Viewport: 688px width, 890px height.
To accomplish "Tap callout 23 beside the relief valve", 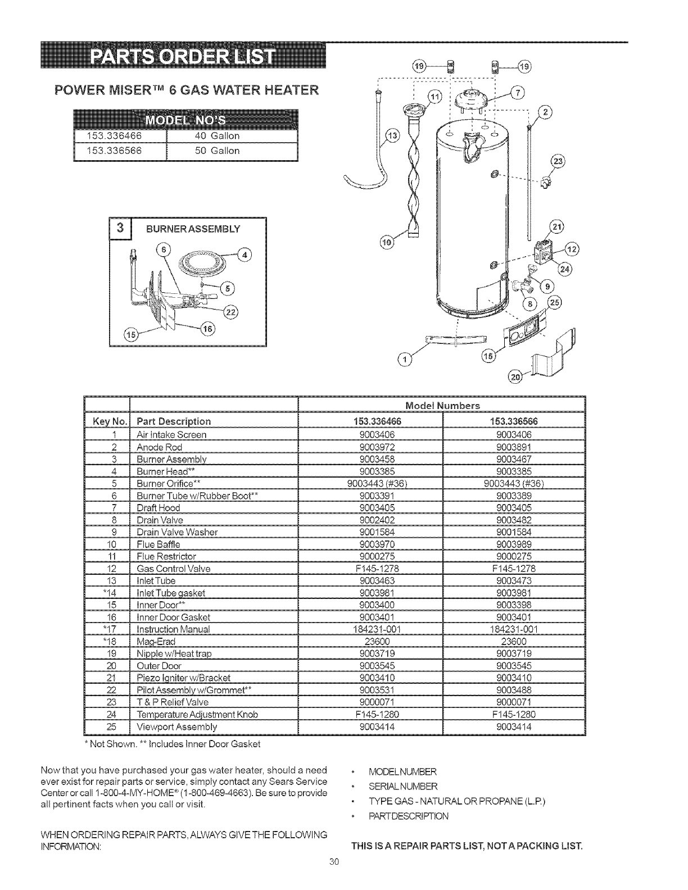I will tap(559, 161).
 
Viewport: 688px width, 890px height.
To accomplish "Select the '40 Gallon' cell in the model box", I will tap(216, 136).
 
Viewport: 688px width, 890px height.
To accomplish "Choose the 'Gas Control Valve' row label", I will tap(174, 569).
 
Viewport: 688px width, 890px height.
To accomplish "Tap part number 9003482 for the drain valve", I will tap(514, 520).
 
